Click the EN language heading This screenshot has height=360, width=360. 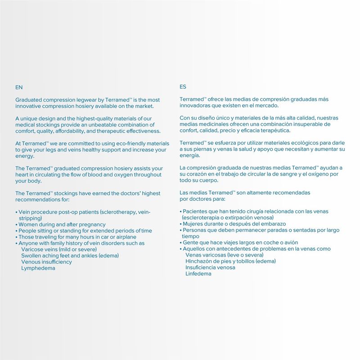19,87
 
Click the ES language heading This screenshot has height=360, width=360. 183,87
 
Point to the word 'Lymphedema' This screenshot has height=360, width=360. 38,268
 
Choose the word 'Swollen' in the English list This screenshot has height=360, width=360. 31,256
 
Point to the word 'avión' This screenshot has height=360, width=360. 290,243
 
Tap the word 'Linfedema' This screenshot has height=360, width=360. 198,274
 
